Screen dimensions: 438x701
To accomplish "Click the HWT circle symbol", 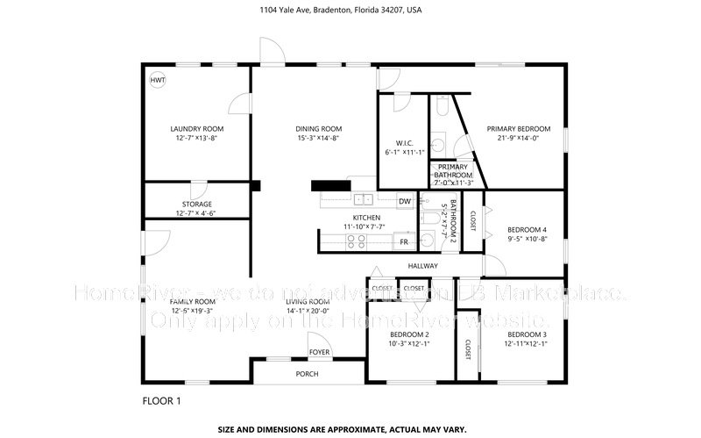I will point(158,80).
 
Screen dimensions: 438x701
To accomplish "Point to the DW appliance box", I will point(405,202).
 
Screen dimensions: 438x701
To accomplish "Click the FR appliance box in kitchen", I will point(405,241).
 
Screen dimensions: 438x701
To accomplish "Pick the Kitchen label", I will point(366,218).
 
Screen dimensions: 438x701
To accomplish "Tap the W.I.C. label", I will point(404,143).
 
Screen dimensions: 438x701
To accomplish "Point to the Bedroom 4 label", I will point(527,230).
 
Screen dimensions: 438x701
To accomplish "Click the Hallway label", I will point(422,266).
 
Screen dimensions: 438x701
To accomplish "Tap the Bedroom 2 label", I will point(409,334).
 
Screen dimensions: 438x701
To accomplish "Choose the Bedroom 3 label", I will point(527,334).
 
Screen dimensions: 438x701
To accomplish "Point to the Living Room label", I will point(307,301).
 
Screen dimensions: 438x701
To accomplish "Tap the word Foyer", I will point(318,353).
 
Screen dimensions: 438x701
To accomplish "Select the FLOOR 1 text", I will point(161,401).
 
